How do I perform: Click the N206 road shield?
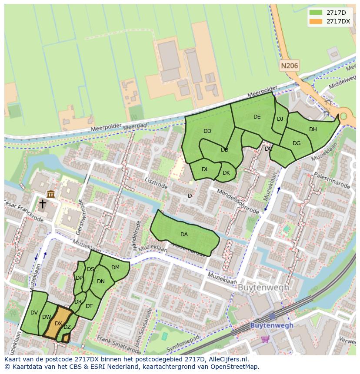[x=289, y=66]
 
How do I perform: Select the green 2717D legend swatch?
[x=316, y=13]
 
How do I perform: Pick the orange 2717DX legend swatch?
[x=316, y=21]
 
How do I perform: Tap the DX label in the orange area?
[x=58, y=323]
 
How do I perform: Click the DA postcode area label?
[x=184, y=235]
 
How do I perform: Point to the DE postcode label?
[x=257, y=116]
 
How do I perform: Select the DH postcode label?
[x=313, y=129]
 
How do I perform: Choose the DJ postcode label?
[x=280, y=119]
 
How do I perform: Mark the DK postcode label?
[x=226, y=172]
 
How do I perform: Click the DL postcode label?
[x=205, y=169]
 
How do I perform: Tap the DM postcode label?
[x=115, y=268]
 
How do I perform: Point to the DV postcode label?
[x=34, y=313]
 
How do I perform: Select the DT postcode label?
[x=89, y=306]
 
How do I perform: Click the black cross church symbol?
[x=43, y=204]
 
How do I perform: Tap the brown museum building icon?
[x=51, y=194]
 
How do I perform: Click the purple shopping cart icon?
[x=265, y=339]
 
